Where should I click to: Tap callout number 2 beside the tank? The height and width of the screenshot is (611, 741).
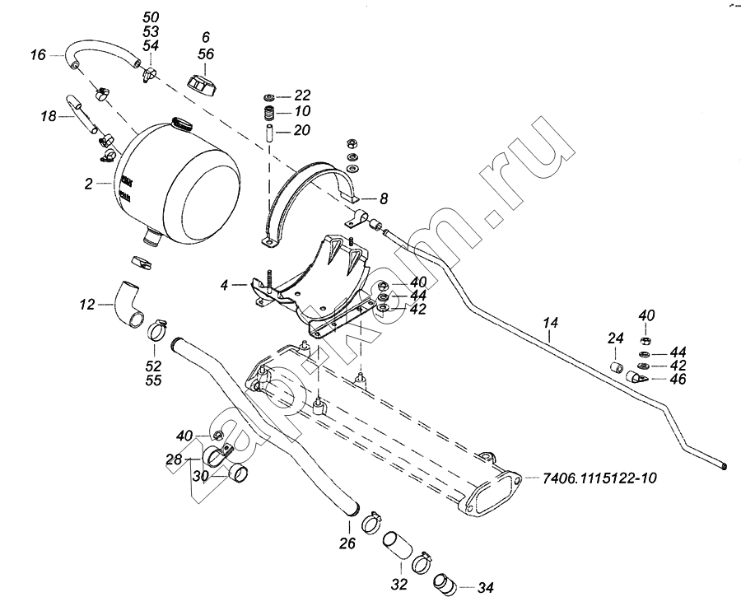click(88, 184)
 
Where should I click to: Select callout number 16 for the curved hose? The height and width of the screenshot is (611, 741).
click(38, 55)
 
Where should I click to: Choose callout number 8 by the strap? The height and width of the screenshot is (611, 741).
click(383, 198)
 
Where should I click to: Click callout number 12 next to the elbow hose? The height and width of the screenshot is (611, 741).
click(87, 305)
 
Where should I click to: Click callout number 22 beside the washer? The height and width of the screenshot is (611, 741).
click(302, 94)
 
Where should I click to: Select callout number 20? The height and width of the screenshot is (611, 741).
click(302, 129)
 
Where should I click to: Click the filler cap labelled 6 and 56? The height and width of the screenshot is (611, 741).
click(203, 83)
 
